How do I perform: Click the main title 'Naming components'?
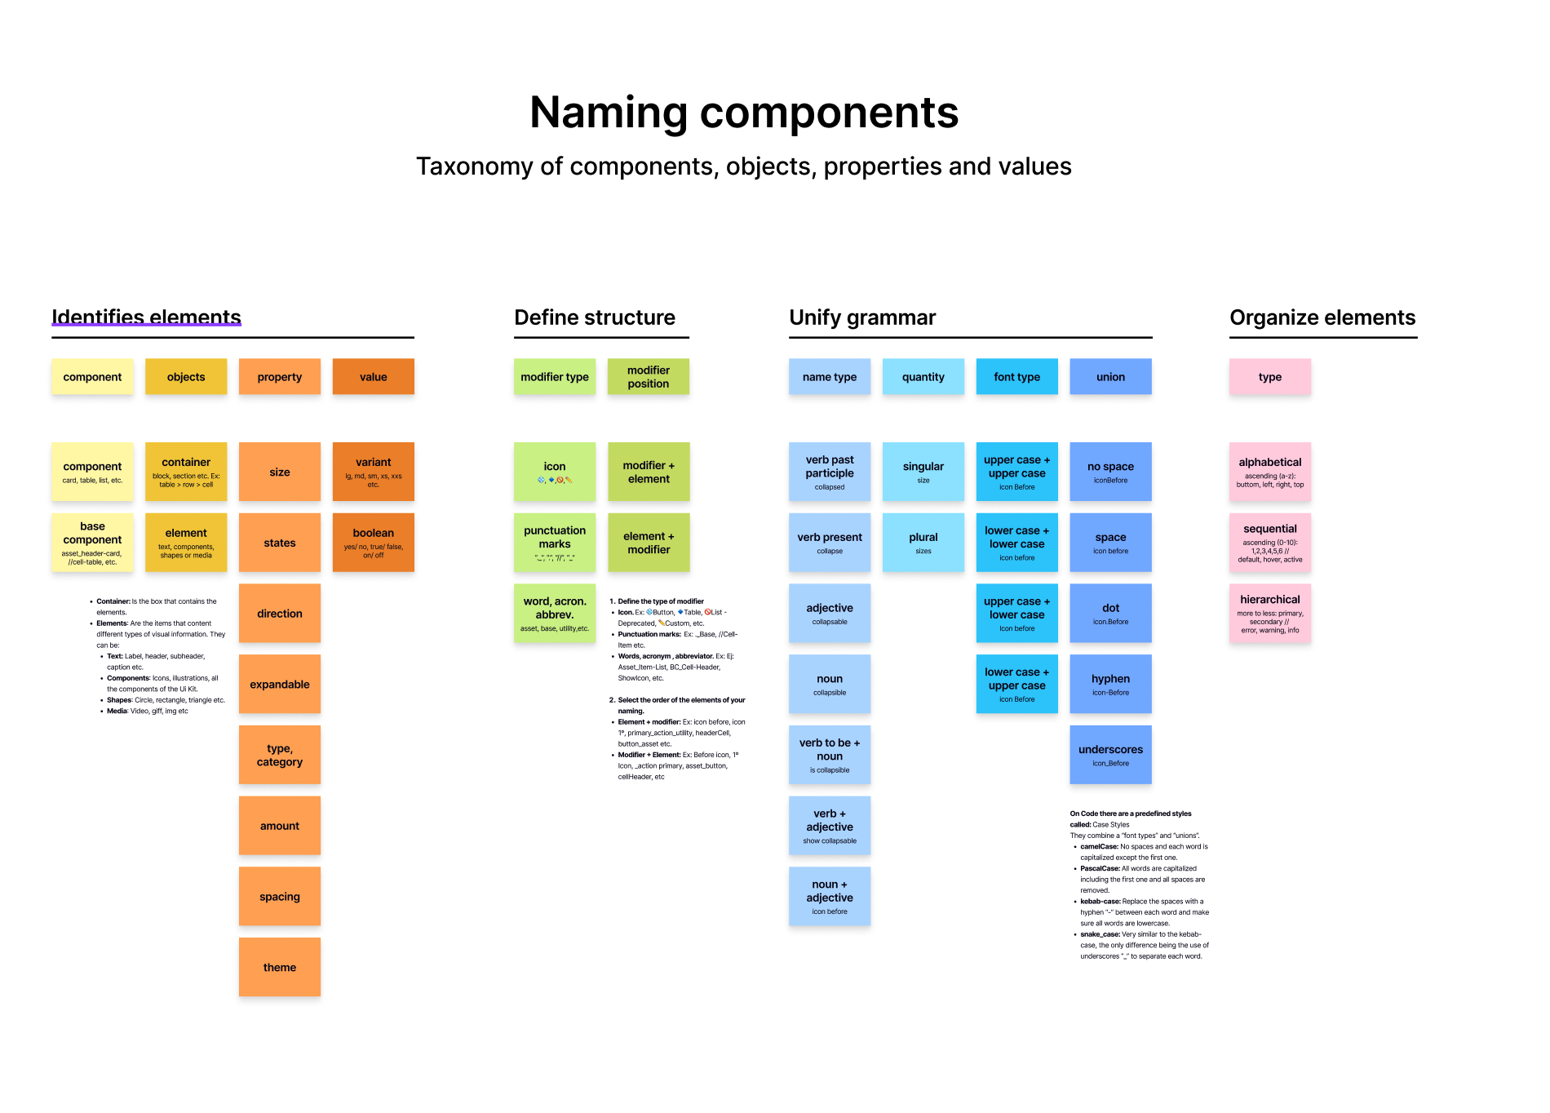click(743, 113)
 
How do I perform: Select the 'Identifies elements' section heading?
click(147, 317)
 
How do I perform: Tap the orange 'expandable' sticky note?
click(280, 684)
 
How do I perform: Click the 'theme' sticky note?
click(280, 967)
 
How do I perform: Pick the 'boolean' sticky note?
click(373, 542)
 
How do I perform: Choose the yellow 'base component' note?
click(92, 542)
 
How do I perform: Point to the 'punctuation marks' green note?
click(555, 542)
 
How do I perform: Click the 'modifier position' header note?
click(649, 376)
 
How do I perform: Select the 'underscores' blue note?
click(1110, 754)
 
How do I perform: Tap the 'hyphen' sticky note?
click(1110, 684)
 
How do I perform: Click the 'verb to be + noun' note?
click(830, 754)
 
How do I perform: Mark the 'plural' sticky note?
click(923, 542)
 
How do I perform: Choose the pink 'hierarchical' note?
click(1270, 613)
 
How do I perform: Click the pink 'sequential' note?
click(1270, 542)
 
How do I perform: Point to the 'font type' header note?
click(1016, 376)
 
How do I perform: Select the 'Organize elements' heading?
click(1322, 317)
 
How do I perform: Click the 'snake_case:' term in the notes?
click(1100, 934)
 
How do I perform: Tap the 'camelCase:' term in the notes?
click(1099, 847)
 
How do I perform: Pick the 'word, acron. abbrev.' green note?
click(555, 613)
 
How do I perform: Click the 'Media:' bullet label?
click(117, 712)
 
